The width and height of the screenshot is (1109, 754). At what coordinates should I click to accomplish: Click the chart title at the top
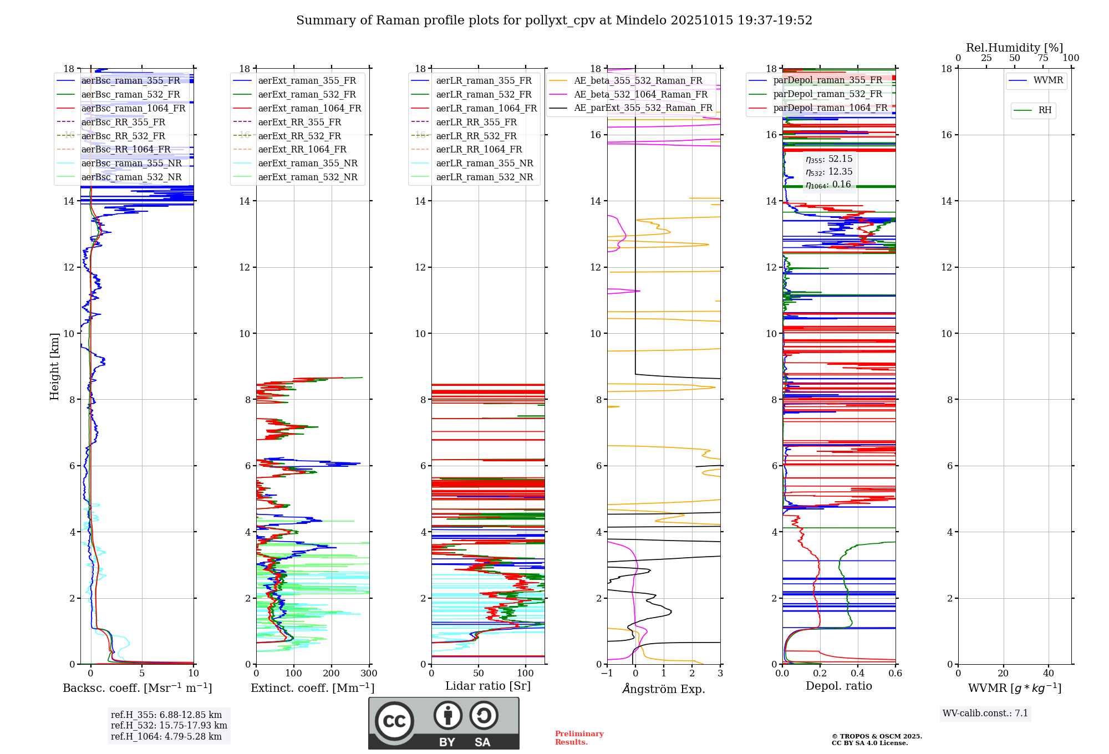pos(554,21)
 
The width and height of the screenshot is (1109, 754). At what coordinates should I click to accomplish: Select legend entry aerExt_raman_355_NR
pos(308,163)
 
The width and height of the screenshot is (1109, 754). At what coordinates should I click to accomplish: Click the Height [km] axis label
pos(54,366)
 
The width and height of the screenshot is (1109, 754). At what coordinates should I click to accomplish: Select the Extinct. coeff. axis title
pos(312,688)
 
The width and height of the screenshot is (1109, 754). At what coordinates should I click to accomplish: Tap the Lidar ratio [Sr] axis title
pos(487,686)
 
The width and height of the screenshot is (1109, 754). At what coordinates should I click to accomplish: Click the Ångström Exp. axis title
pos(664,689)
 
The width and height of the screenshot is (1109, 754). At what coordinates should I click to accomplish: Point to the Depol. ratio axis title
pos(838,686)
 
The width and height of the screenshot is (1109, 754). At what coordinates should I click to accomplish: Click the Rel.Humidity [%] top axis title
pos(1014,48)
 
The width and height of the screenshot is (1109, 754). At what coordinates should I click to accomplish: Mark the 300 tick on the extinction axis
pos(369,674)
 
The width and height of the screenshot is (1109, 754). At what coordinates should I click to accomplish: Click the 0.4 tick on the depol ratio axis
pos(857,674)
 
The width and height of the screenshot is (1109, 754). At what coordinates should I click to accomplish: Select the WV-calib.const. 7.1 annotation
pos(985,713)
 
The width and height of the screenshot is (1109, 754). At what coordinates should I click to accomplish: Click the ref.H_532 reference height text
pos(169,725)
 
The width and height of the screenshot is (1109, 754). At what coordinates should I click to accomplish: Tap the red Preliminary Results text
pos(579,737)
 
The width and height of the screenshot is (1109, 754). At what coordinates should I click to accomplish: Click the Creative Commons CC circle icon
pos(394,721)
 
